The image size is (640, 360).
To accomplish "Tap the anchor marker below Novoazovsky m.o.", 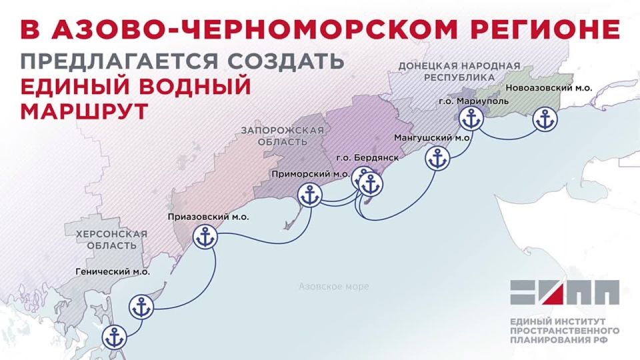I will (546, 121).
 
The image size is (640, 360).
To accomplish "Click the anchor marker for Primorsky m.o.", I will (309, 195).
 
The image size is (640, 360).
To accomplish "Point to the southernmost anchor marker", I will (115, 336).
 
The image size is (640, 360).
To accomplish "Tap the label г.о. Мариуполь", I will (473, 101).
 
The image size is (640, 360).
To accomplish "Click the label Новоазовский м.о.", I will (549, 88).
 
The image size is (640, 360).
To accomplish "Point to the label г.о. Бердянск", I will (367, 157).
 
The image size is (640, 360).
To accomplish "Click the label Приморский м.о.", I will (311, 173).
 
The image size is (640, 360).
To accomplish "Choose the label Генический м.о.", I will (113, 272).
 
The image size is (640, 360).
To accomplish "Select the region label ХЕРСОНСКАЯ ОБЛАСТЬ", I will (111, 239).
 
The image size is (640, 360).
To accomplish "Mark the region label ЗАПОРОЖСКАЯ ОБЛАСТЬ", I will (283, 136).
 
